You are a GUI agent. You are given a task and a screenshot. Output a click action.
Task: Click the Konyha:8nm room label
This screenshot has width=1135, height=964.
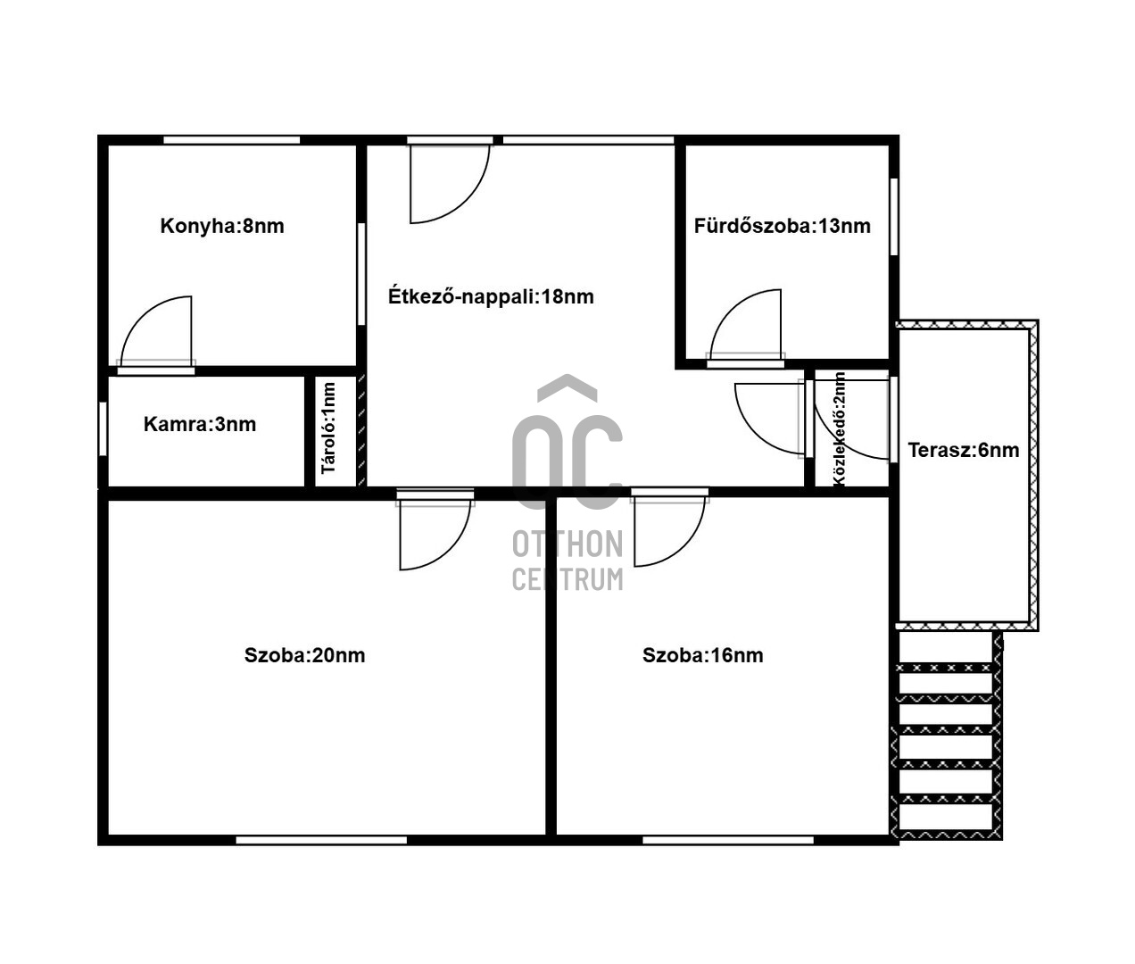pyautogui.click(x=222, y=227)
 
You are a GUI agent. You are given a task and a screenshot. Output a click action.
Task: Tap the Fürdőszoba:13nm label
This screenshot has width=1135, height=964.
pyautogui.click(x=782, y=227)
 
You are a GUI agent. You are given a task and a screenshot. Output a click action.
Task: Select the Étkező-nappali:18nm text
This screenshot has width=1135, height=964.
pyautogui.click(x=491, y=296)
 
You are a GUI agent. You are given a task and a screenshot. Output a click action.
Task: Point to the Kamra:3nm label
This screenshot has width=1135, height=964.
pyautogui.click(x=200, y=424)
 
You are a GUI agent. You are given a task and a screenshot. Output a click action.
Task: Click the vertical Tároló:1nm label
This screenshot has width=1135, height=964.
pyautogui.click(x=328, y=428)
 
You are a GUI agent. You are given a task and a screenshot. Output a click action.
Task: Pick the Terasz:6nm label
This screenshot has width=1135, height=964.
pyautogui.click(x=963, y=450)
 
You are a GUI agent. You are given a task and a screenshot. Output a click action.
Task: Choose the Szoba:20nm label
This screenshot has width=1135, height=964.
pyautogui.click(x=305, y=655)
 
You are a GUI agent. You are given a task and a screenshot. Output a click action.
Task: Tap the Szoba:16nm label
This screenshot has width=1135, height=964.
pyautogui.click(x=703, y=655)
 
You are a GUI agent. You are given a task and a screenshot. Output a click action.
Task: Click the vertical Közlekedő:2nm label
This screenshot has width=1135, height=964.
pyautogui.click(x=839, y=428)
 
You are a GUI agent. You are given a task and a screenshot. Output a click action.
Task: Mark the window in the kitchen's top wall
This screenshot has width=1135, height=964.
pyautogui.click(x=232, y=140)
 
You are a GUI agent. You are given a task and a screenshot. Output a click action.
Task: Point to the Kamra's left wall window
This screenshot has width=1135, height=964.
pyautogui.click(x=103, y=429)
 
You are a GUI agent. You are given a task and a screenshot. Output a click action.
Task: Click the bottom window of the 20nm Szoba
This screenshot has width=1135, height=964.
pyautogui.click(x=322, y=840)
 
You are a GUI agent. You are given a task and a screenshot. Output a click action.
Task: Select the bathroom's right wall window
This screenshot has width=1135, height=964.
pyautogui.click(x=894, y=216)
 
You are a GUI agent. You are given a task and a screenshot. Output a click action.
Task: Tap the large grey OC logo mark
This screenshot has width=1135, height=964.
pyautogui.click(x=567, y=443)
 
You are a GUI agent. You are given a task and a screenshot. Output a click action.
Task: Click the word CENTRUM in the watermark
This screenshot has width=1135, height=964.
pyautogui.click(x=567, y=579)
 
